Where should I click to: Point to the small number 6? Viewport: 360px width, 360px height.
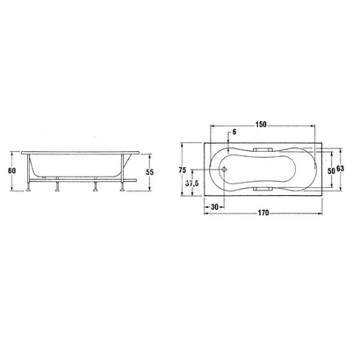[x=235, y=133]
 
